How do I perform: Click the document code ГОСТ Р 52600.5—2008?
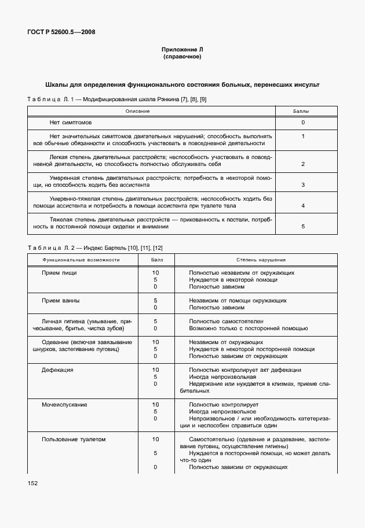pos(61,32)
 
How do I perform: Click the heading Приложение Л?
pos(183,50)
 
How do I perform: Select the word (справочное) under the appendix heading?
pos(183,57)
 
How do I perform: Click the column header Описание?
pos(137,110)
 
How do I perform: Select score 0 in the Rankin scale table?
pos(302,123)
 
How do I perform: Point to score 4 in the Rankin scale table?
pos(302,206)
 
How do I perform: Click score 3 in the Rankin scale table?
pos(302,185)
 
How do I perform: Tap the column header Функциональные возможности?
pos(81,260)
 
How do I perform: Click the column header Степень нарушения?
pos(260,260)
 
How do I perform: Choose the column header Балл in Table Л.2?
pos(157,260)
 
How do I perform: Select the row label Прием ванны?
pos(61,301)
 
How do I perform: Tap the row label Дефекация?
pos(57,370)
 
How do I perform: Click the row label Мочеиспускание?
pos(64,404)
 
